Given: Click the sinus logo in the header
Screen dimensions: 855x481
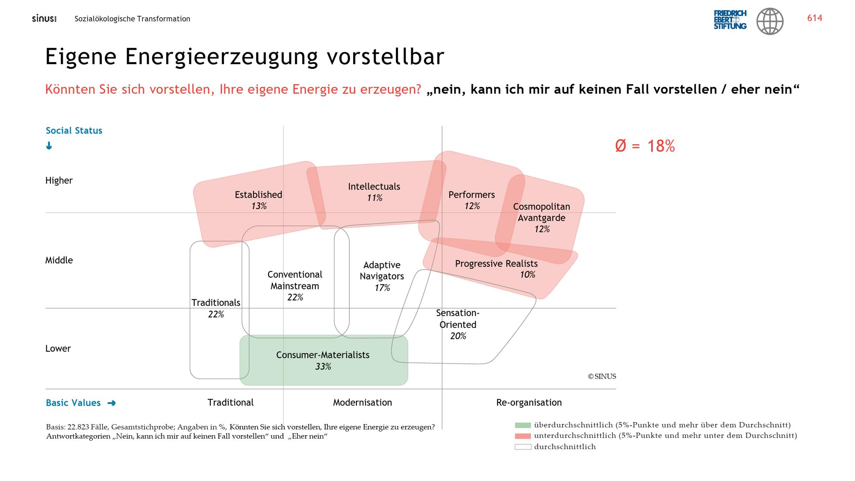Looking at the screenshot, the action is tap(44, 19).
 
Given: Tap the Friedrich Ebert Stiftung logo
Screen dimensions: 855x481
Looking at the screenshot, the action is tap(730, 20).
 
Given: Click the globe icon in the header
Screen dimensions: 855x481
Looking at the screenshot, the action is tap(770, 21).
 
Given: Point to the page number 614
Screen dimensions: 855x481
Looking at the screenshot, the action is tap(814, 18).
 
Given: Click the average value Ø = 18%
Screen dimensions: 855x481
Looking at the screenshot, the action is tap(645, 146).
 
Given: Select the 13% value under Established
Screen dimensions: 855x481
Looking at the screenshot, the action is tap(259, 206).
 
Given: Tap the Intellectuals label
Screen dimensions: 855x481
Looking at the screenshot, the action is tap(374, 187).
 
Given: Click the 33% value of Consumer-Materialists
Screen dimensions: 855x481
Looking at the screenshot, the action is tap(323, 367).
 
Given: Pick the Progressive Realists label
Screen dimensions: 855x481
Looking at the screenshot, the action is tap(496, 264).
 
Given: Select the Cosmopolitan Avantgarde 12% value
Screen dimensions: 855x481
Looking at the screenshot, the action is tap(542, 229).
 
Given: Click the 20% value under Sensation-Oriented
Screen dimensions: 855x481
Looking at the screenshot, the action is tap(458, 336).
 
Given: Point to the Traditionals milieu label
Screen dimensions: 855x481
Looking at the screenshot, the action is tap(216, 303).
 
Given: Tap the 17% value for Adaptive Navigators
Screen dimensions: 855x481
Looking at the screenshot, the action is tap(382, 288).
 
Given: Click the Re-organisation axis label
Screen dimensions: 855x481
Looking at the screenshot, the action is tap(529, 403).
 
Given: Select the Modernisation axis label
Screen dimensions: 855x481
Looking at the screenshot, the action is tap(363, 403).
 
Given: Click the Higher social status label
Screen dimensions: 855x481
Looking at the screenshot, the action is tap(59, 181).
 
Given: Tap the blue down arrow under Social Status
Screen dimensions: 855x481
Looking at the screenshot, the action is tap(49, 146).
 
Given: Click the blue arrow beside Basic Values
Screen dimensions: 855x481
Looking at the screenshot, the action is tap(112, 403).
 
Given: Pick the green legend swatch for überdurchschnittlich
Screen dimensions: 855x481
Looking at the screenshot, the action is tap(523, 425).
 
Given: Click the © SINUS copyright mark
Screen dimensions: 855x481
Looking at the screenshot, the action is tap(602, 377).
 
